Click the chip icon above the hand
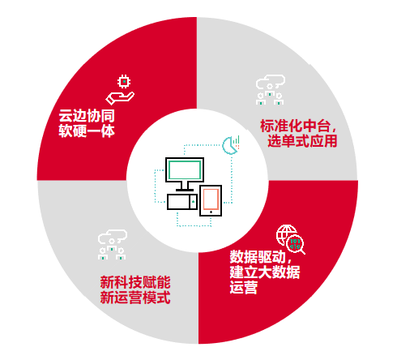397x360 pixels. click(x=124, y=81)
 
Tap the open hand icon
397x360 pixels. click(x=120, y=98)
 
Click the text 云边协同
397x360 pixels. click(x=87, y=116)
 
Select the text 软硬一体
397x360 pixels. click(x=87, y=131)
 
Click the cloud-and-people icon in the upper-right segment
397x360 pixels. click(x=271, y=90)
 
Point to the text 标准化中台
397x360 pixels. click(x=295, y=126)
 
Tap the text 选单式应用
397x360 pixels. click(x=302, y=141)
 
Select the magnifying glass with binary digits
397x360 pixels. click(x=296, y=244)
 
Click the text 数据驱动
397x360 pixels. click(x=258, y=257)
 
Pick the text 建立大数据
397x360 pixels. click(x=265, y=272)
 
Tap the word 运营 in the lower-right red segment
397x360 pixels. click(x=244, y=287)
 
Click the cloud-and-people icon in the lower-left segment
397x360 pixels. click(x=113, y=245)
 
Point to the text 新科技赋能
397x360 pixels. click(x=135, y=282)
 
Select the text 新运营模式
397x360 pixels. click(x=135, y=298)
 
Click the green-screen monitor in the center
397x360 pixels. click(x=185, y=169)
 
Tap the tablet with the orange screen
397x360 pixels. click(x=211, y=200)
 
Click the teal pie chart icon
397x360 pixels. click(x=229, y=146)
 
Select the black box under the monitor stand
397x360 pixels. click(x=182, y=202)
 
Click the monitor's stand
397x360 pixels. click(x=185, y=186)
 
